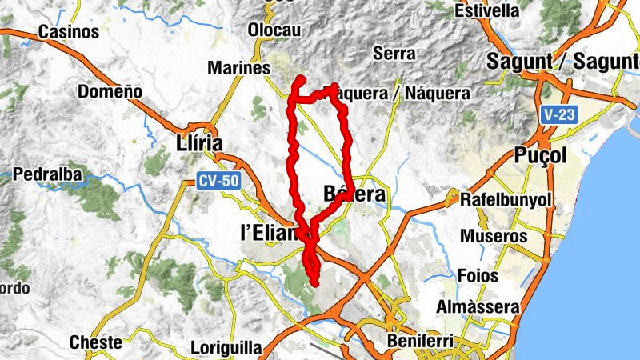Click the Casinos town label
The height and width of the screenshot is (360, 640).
point(69,32)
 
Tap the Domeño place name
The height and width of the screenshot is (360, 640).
point(110,92)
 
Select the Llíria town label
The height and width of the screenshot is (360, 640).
point(197,143)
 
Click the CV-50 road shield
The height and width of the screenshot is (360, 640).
point(218,182)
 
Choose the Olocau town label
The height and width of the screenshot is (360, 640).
point(274,30)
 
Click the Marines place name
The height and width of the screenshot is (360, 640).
point(238,69)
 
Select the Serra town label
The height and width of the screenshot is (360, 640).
point(394,54)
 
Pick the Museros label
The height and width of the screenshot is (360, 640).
point(494,237)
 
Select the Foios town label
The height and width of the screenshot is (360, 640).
point(478,276)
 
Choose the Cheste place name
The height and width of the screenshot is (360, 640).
point(96,343)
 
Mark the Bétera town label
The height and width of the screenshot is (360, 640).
point(355,194)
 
